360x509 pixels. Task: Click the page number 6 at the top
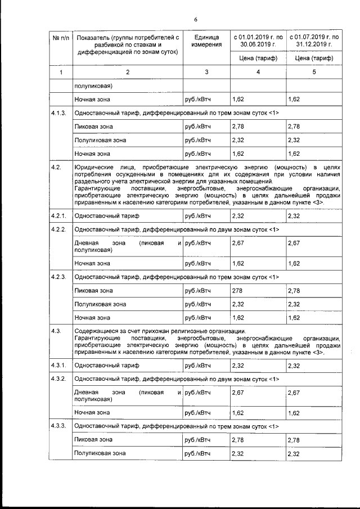coord(196,20)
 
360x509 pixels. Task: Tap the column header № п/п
coord(61,38)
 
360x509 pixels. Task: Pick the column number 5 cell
coord(314,72)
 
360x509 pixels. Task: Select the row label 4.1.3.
coord(59,113)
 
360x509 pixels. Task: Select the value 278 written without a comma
coord(237,291)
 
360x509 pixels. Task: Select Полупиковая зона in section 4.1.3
coord(100,139)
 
